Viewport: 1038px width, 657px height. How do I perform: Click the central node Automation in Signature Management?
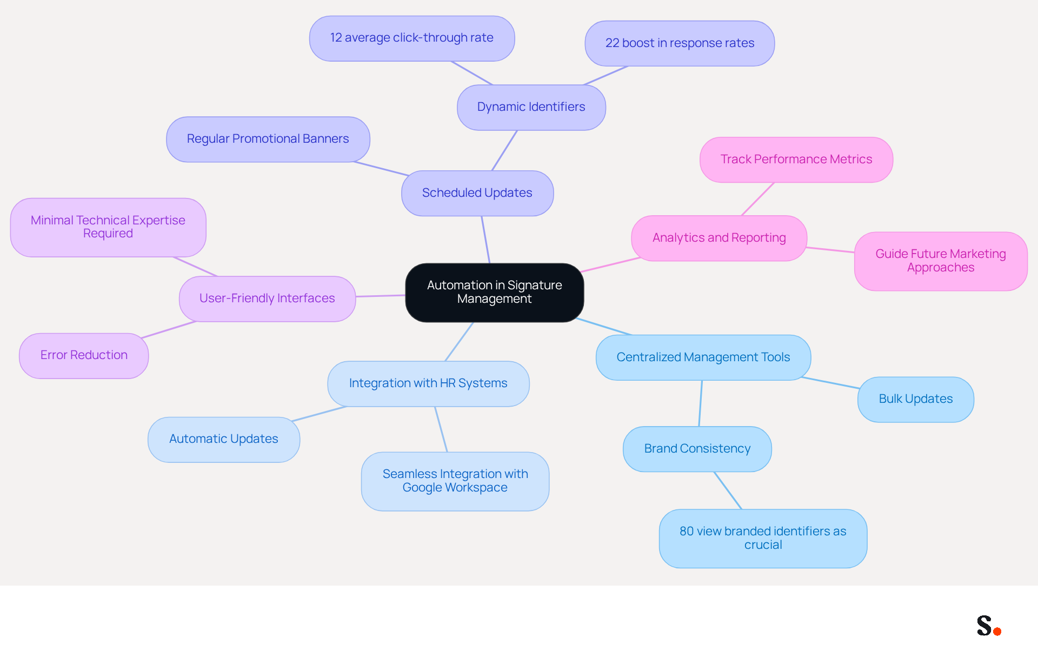(495, 293)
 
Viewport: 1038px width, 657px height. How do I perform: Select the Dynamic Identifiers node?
(531, 107)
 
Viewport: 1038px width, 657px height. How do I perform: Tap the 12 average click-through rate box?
(412, 38)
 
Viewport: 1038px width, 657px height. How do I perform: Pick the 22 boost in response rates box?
(680, 43)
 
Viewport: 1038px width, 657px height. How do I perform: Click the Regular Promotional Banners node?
(268, 139)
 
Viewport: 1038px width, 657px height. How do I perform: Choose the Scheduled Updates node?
(477, 193)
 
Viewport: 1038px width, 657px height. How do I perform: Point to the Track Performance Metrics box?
(796, 160)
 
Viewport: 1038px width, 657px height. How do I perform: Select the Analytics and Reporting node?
(719, 238)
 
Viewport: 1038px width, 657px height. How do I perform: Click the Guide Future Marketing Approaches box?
(941, 261)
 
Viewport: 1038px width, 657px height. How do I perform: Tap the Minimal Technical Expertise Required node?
(108, 227)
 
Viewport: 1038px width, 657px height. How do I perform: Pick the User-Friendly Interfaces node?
(267, 298)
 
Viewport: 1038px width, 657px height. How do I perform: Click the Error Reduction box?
(84, 355)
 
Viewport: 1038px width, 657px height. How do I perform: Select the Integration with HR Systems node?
(428, 383)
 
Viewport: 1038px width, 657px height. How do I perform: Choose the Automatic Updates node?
(224, 439)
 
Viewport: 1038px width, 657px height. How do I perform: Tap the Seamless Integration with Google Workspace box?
(455, 481)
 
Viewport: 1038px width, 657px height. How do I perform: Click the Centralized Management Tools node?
(703, 357)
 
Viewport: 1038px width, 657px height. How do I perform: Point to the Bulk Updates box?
(916, 399)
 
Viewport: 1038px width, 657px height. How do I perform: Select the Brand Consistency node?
(697, 449)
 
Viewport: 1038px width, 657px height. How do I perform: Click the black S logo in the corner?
(984, 626)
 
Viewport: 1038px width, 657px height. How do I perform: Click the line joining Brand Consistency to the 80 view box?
(728, 490)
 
